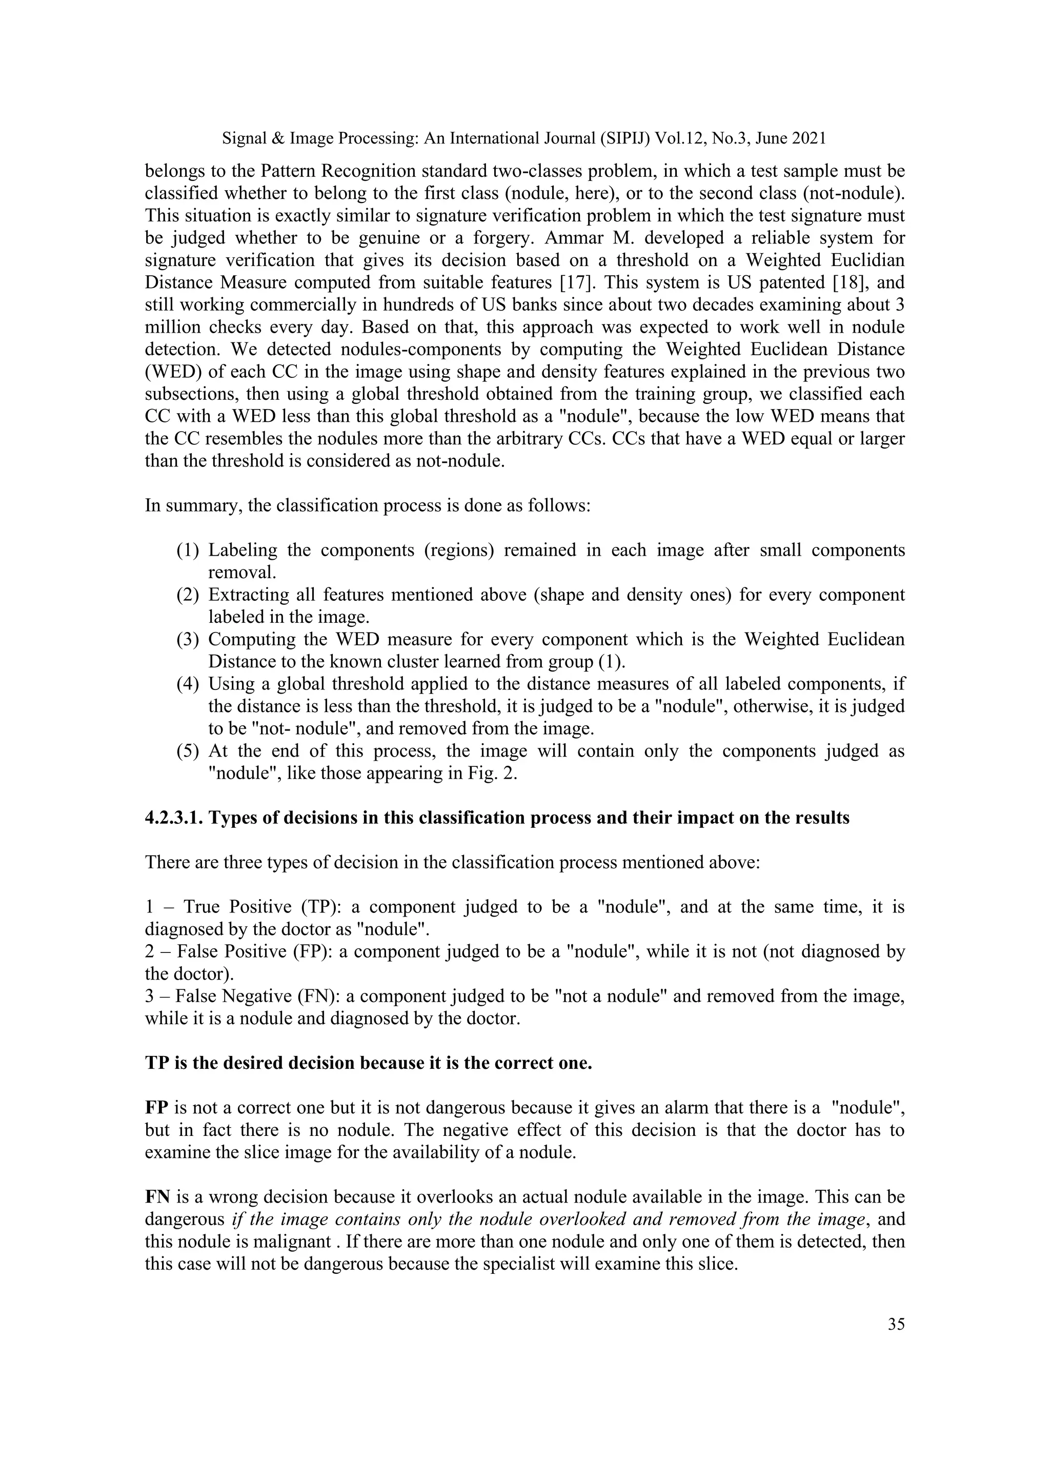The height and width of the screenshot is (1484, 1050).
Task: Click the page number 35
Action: [x=896, y=1325]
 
